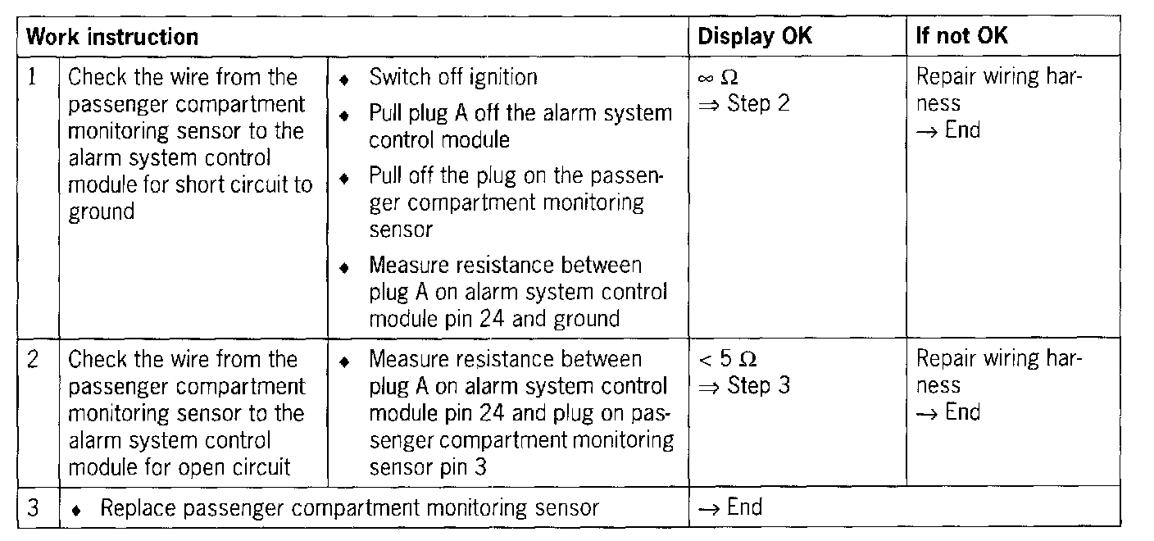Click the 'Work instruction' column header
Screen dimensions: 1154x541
coord(112,37)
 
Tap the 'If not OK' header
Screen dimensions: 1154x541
coord(962,37)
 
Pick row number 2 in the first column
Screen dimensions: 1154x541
coord(33,360)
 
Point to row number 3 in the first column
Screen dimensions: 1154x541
coord(33,508)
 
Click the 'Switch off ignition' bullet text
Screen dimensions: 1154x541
coord(453,78)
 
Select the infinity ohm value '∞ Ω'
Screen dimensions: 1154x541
coord(717,79)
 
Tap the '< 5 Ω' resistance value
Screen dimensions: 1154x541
coord(727,360)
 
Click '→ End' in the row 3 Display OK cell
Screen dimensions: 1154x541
coord(729,507)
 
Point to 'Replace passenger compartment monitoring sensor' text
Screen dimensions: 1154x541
coord(349,508)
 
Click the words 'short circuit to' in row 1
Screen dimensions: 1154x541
coord(244,184)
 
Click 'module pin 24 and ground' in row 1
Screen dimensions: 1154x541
coord(494,318)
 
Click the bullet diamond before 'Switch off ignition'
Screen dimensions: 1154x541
coord(345,80)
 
